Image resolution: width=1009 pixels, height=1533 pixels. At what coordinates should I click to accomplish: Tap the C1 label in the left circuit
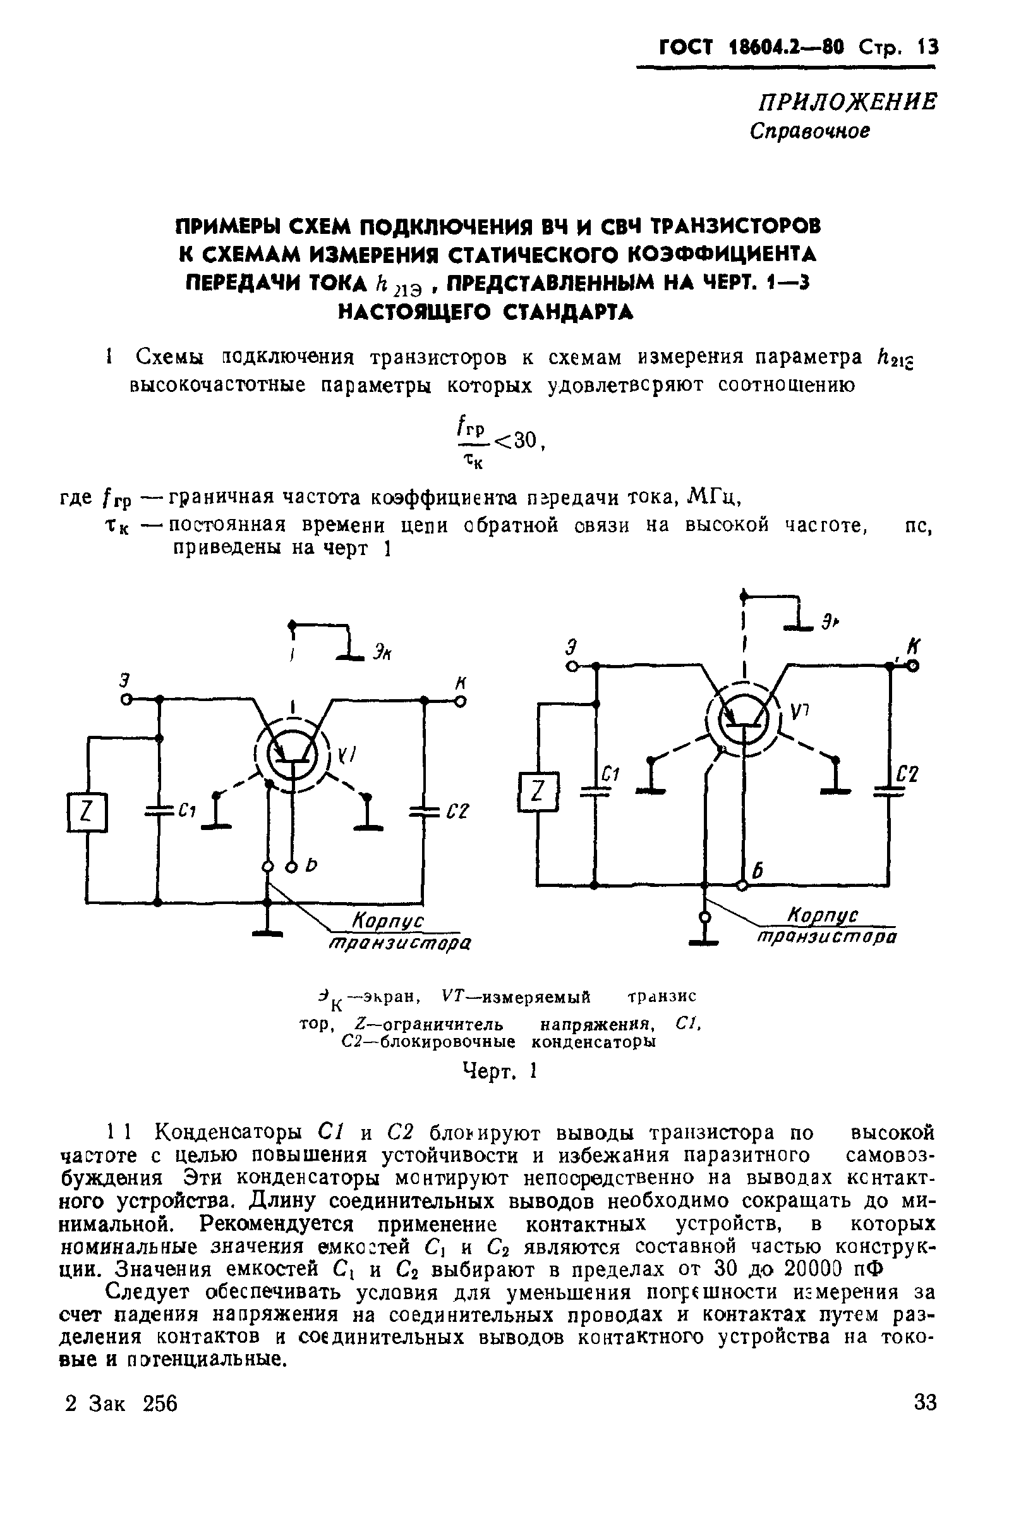tap(187, 812)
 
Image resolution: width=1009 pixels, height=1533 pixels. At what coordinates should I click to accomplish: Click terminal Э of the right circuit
tap(571, 667)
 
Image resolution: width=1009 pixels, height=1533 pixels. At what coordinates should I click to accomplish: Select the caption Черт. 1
tap(500, 1070)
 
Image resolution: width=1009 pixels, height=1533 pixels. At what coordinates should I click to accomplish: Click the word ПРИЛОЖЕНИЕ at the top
tap(847, 102)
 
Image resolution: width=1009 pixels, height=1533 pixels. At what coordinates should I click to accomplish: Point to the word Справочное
tap(810, 131)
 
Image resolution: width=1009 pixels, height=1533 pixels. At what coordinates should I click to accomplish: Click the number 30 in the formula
tap(526, 441)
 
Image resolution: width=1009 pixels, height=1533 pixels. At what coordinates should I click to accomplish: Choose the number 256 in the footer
tap(160, 1403)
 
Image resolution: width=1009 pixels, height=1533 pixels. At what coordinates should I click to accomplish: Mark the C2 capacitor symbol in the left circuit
tap(424, 812)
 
